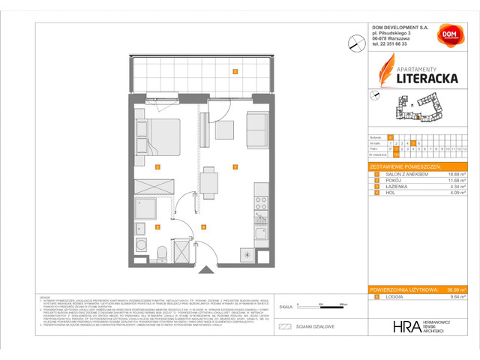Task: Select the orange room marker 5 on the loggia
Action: (235, 72)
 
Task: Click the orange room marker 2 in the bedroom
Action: (157, 166)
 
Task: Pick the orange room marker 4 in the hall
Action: (204, 226)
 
